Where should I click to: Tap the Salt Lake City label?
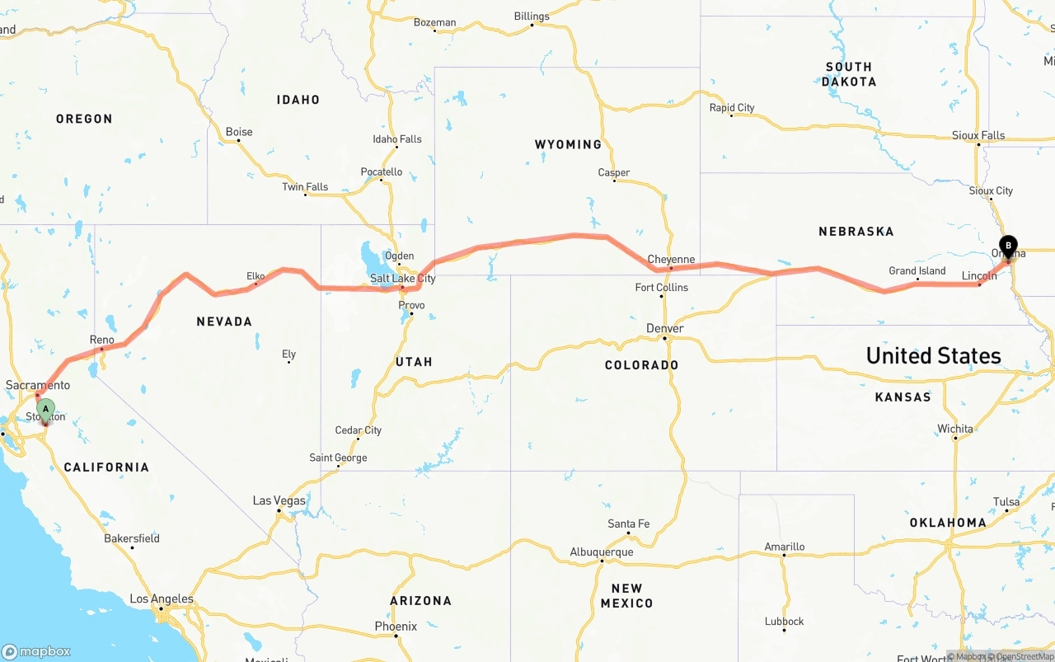402,279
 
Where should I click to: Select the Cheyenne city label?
671,260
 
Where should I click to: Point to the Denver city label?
665,328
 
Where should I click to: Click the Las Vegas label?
279,500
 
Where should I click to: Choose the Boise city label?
239,132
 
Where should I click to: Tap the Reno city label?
101,340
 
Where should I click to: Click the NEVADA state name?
224,322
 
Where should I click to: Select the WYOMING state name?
568,144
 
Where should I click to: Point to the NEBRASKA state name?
856,232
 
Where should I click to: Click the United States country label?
933,355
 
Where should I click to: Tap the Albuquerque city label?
602,552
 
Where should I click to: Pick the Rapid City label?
732,108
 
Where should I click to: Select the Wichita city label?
955,429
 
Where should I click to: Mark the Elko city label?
256,276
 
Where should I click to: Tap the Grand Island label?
917,270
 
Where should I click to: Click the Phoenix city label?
396,627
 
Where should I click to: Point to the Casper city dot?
614,181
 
